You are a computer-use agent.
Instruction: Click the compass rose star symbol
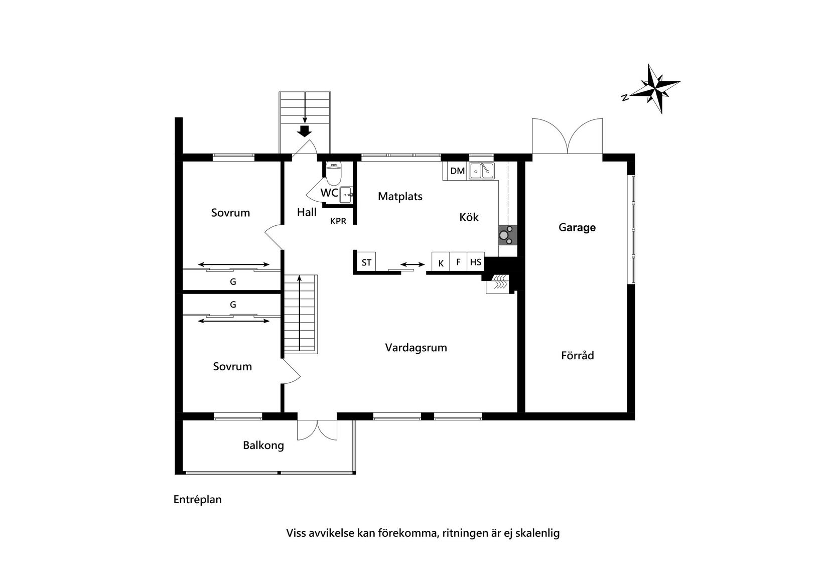click(655, 88)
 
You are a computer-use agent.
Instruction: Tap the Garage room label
click(577, 227)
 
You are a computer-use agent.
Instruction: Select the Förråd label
click(577, 355)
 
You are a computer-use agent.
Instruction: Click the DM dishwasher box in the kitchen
click(457, 171)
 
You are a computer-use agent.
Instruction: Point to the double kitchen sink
click(482, 171)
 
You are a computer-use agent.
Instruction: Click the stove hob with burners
click(507, 235)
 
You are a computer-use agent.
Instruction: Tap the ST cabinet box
click(366, 262)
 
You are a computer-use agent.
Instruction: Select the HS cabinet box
click(476, 262)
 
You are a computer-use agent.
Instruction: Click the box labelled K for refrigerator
click(441, 262)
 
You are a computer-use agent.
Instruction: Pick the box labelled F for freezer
click(458, 262)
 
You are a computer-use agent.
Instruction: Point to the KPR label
click(338, 221)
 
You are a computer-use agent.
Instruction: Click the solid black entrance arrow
click(305, 131)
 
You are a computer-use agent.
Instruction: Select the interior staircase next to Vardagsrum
click(300, 314)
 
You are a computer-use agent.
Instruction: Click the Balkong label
click(263, 445)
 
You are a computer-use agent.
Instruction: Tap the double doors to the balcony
click(317, 430)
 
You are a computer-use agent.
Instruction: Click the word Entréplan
click(197, 500)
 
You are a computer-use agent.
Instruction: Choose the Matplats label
click(400, 196)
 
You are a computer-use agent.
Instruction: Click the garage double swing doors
click(567, 137)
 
